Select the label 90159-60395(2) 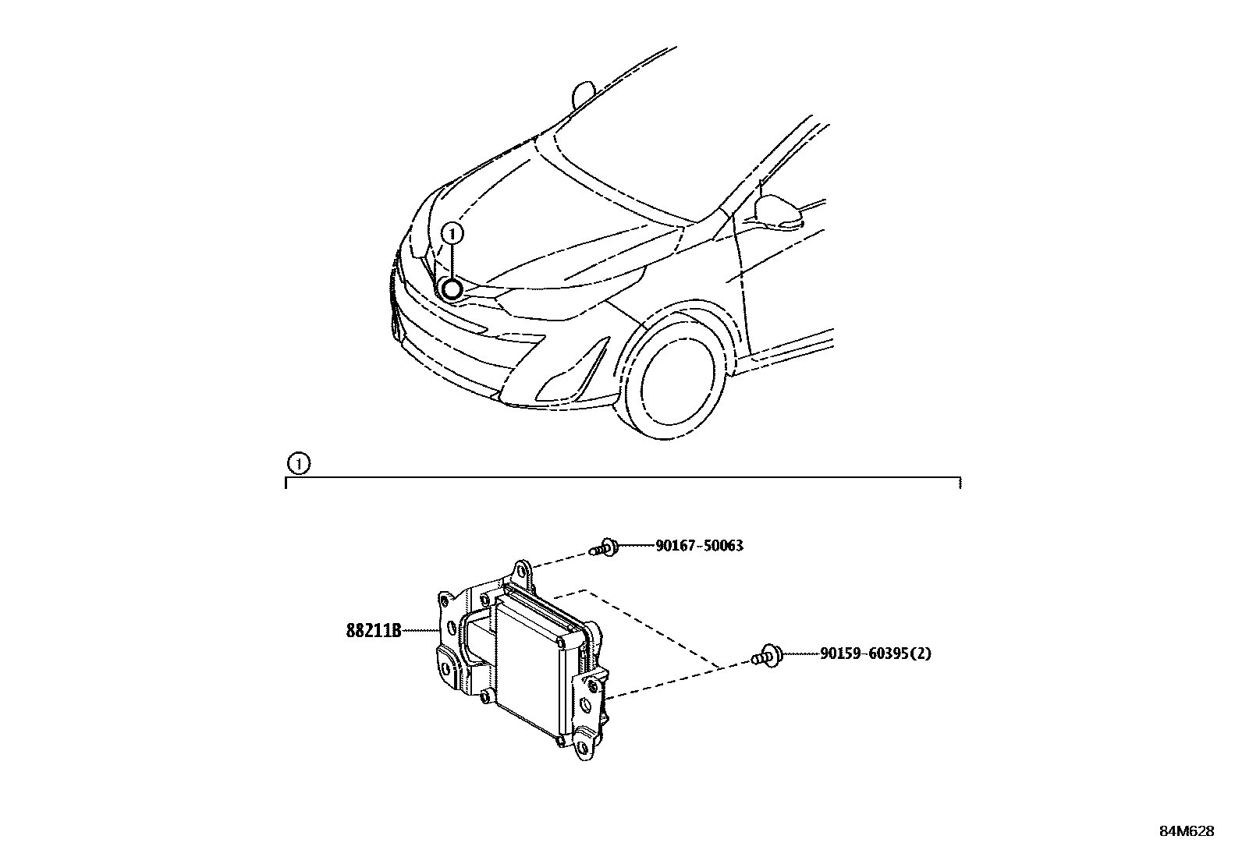[875, 653]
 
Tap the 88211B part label [373, 630]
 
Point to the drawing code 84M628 [1186, 831]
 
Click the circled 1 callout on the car [452, 232]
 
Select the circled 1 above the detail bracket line [297, 464]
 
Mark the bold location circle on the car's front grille [452, 289]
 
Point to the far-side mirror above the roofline [584, 95]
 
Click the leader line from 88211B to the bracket [420, 630]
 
